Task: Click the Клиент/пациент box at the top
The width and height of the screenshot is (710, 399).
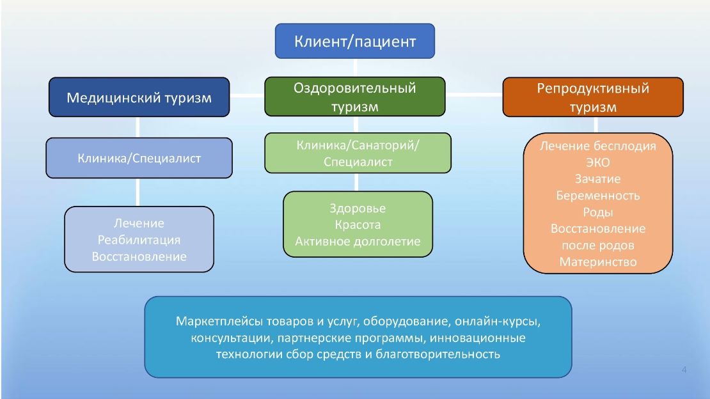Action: (355, 42)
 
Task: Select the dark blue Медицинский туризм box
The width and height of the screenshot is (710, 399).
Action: (139, 97)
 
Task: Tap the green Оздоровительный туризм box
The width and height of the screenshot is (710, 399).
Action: (355, 97)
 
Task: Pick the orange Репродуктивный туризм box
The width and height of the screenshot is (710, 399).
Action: (592, 97)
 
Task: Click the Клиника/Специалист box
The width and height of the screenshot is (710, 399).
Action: (139, 158)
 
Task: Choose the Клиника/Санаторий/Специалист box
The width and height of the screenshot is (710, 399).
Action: (358, 153)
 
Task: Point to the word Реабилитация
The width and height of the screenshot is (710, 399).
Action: (139, 240)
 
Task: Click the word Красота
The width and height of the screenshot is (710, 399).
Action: (358, 225)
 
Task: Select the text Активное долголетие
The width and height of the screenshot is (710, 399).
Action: (358, 242)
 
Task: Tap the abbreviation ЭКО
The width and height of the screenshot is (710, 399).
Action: (597, 162)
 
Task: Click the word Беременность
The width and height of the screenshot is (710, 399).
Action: (597, 196)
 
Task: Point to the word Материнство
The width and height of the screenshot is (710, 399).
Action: (597, 262)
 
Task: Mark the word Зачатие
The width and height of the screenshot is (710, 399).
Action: (597, 179)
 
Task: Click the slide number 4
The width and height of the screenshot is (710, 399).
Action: (684, 370)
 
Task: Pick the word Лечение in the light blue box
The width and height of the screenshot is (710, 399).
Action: (139, 223)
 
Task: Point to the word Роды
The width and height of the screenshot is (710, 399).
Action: (597, 212)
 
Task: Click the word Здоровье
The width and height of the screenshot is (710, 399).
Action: (358, 208)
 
